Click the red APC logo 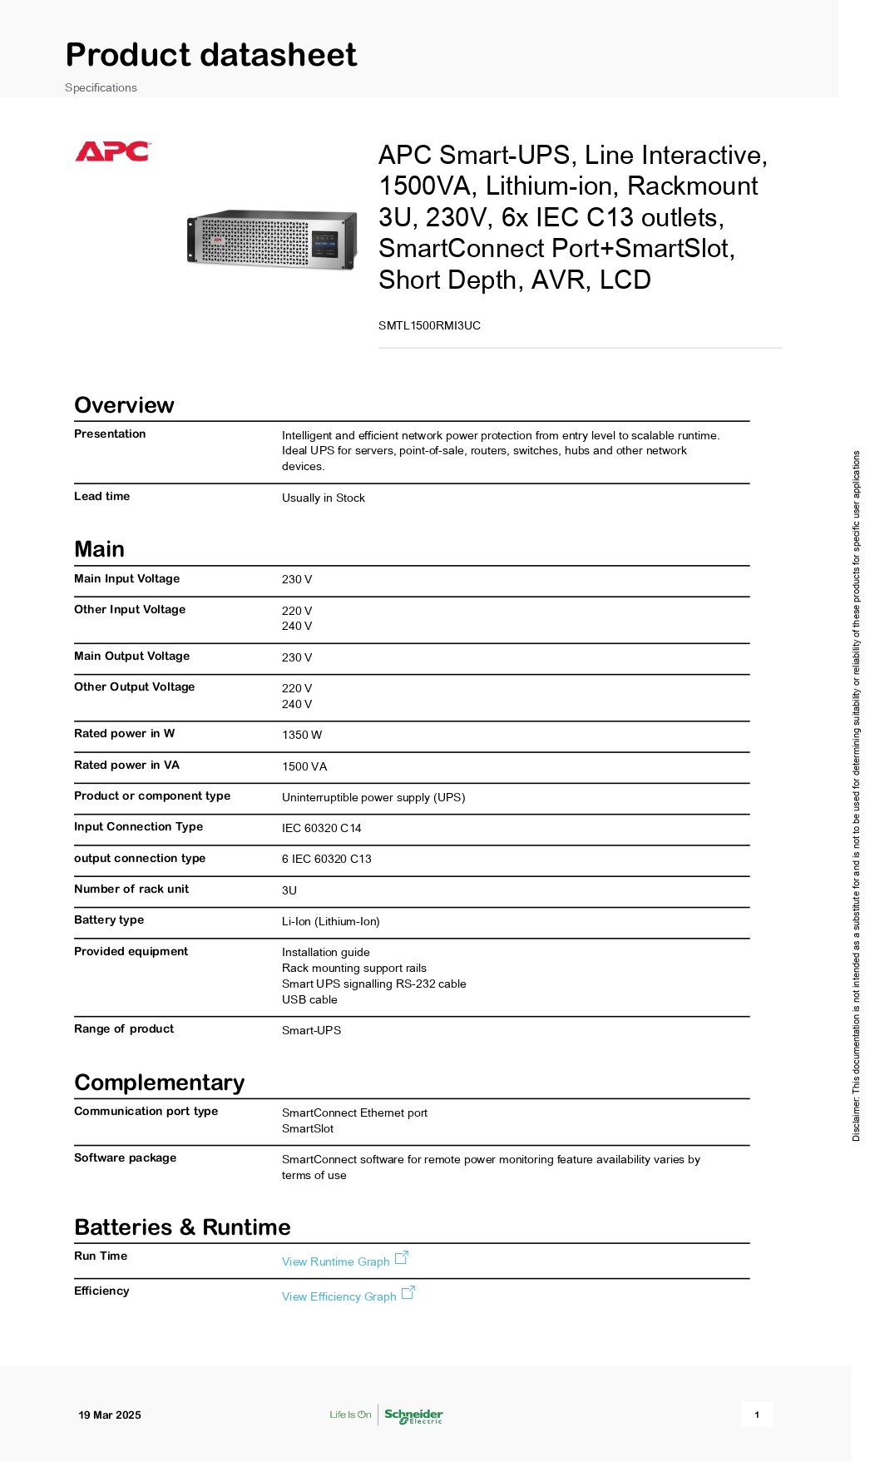(112, 151)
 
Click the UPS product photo (272, 240)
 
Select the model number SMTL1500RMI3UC (429, 325)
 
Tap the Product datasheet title (211, 55)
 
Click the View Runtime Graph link (336, 1261)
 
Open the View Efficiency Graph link (339, 1296)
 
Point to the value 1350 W (302, 735)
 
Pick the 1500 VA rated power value (304, 766)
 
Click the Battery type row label (109, 919)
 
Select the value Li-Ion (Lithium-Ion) (331, 921)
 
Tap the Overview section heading (124, 405)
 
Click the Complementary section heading (159, 1083)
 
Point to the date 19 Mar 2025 (110, 1415)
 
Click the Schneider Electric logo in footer (413, 1415)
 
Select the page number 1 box (757, 1415)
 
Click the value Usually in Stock (324, 498)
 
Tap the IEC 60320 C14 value (322, 828)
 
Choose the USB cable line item (309, 999)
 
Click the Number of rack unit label (131, 889)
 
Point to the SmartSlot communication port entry (308, 1128)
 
